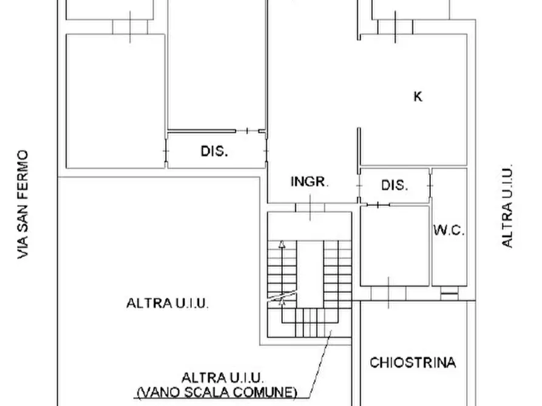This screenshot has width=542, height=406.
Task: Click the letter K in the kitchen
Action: (418, 96)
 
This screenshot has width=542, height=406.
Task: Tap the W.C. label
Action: (449, 230)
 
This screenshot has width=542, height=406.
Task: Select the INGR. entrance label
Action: (310, 182)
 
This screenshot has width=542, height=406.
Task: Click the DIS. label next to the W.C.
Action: (395, 185)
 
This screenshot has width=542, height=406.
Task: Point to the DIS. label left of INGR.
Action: (214, 151)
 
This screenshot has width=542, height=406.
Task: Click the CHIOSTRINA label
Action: (413, 362)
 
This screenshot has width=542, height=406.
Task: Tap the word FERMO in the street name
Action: (23, 172)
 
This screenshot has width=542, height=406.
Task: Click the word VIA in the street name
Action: (23, 248)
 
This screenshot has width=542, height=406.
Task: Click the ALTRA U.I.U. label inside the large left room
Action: (168, 303)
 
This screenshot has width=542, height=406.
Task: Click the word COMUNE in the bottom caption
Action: (265, 391)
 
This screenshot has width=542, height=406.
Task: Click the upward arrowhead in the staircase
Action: (281, 244)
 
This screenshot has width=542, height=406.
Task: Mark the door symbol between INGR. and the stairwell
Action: (310, 208)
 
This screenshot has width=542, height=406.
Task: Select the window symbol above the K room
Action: (395, 27)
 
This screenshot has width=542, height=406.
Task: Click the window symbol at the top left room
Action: (130, 27)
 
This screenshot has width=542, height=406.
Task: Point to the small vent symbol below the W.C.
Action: (449, 294)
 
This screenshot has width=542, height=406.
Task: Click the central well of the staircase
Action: (310, 273)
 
